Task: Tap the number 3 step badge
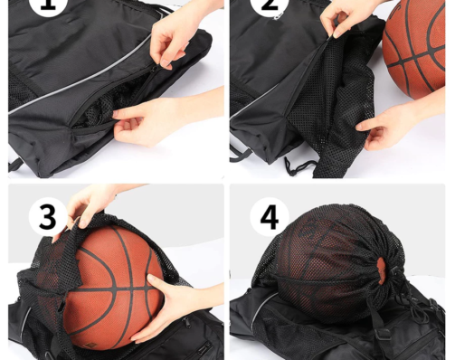click(x=48, y=217)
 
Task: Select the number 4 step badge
click(x=270, y=217)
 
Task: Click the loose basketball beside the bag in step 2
click(x=413, y=48)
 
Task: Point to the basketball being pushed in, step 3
click(x=113, y=287)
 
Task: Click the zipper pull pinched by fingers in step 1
click(x=155, y=69)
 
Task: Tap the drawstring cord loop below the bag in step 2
click(x=297, y=166)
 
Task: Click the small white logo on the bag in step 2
click(x=276, y=18)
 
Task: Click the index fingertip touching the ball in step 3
click(x=150, y=277)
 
